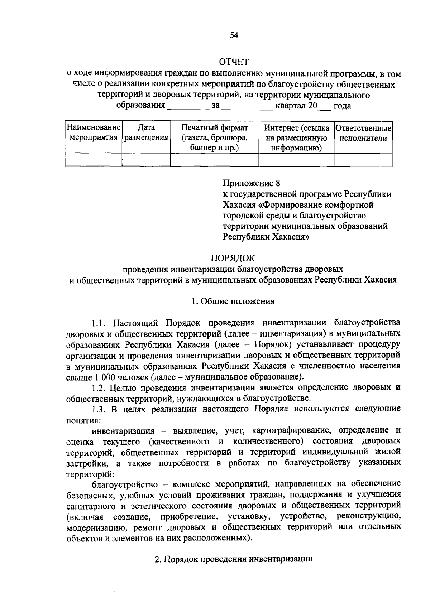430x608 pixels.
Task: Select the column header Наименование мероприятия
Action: [94, 132]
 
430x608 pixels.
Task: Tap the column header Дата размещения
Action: [146, 132]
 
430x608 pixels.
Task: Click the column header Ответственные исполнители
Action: [363, 133]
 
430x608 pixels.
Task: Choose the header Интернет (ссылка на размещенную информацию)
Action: [296, 137]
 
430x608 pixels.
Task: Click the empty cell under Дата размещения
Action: [146, 160]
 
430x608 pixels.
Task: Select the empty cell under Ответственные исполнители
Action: [363, 160]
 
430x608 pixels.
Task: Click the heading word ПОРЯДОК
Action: [233, 258]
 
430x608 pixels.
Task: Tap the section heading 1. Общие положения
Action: [233, 301]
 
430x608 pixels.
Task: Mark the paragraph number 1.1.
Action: [98, 323]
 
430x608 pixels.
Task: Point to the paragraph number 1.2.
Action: [98, 387]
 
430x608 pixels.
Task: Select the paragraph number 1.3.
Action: [98, 409]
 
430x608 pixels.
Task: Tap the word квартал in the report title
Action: [289, 106]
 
